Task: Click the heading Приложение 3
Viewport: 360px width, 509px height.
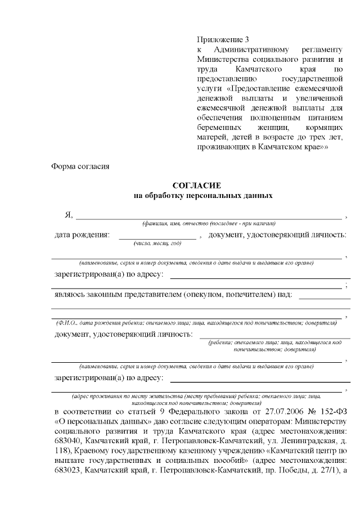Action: [x=222, y=39]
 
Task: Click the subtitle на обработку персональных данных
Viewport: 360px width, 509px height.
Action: [x=203, y=196]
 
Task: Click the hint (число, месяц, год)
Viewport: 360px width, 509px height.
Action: [x=157, y=244]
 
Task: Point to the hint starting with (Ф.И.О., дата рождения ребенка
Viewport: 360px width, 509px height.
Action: [x=196, y=323]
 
